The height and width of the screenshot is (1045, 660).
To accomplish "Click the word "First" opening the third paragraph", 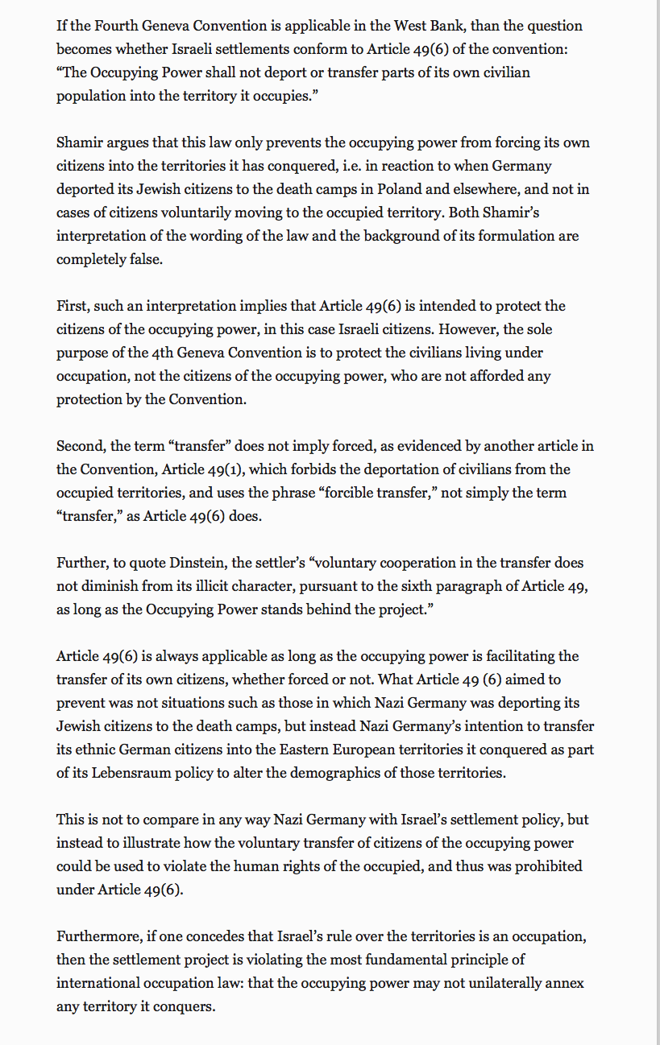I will [x=73, y=306].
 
